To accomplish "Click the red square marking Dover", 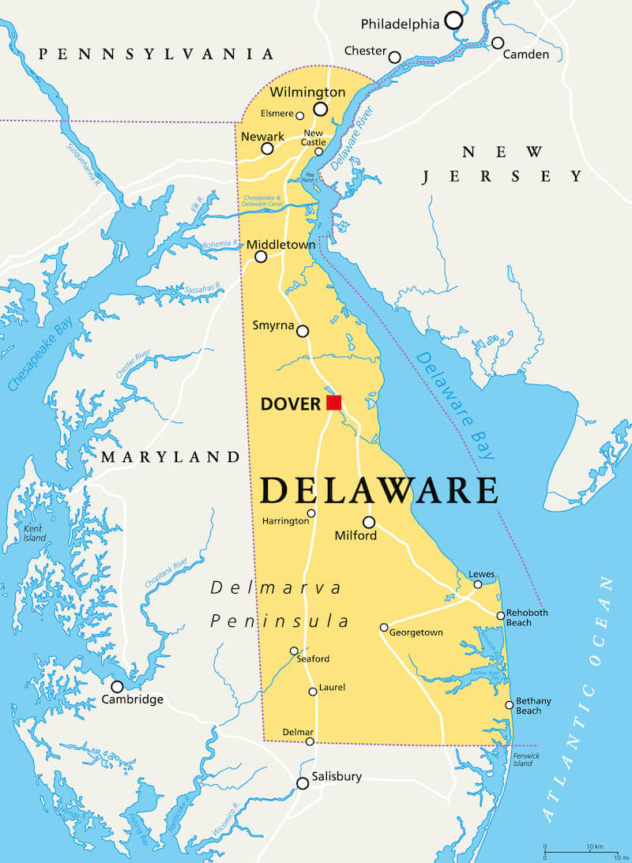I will [x=334, y=403].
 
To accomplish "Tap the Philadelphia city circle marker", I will [x=453, y=21].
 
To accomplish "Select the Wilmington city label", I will [x=307, y=92].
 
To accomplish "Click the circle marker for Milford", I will [x=369, y=522].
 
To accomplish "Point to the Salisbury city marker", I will [x=303, y=783].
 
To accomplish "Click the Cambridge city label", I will [x=133, y=700].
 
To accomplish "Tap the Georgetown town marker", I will [x=384, y=628].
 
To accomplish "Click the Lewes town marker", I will [x=478, y=584].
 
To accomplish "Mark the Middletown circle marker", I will [x=261, y=257].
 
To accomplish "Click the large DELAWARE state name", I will [x=379, y=490].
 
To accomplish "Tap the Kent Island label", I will [x=34, y=533].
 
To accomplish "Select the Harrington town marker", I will [x=311, y=513].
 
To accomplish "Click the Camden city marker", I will [x=498, y=43].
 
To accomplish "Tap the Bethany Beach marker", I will [x=510, y=705].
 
